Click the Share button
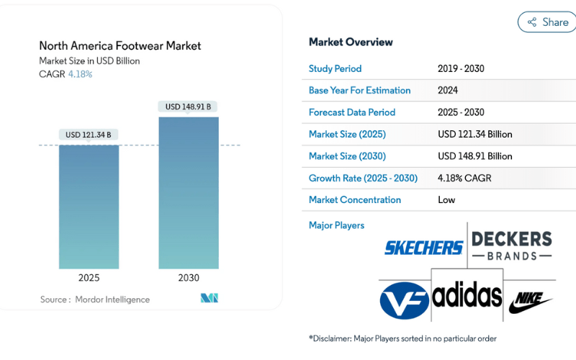click(546, 22)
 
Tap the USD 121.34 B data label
click(89, 135)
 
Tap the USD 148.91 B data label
click(188, 107)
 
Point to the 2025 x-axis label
click(89, 278)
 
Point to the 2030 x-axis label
click(189, 278)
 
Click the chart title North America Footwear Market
click(120, 46)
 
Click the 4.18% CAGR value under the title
click(80, 74)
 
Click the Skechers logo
click(423, 248)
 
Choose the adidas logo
click(467, 296)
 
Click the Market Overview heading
click(351, 42)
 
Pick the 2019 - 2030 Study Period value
click(461, 69)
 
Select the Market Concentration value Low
click(446, 199)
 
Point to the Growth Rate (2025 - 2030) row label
click(363, 178)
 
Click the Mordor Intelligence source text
click(112, 300)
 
